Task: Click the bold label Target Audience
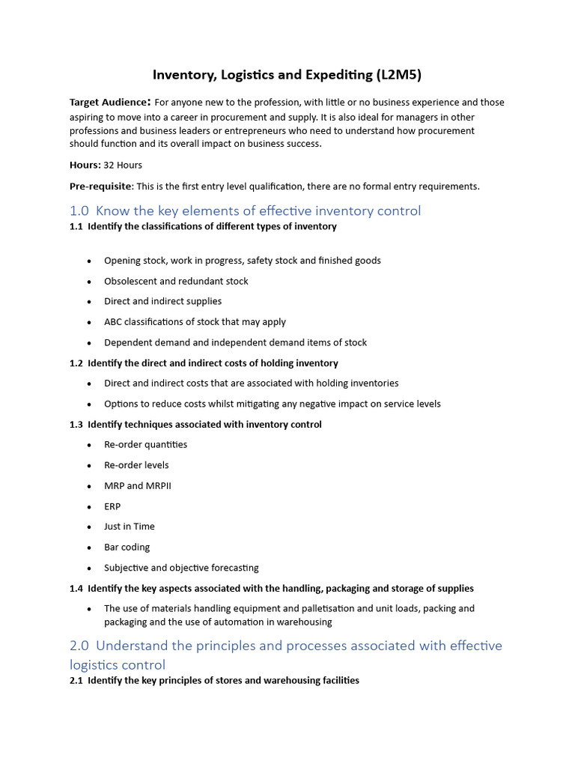tap(109, 103)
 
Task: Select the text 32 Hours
tap(123, 165)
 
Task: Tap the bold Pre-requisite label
tap(101, 186)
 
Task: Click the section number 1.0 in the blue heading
tap(79, 210)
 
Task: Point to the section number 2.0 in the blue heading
tap(79, 646)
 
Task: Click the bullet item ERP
tap(112, 506)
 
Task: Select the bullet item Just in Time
tap(130, 527)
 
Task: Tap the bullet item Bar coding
tap(127, 548)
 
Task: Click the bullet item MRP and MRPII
tap(138, 485)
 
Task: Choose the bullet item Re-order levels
tap(136, 465)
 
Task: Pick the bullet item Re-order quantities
tap(145, 444)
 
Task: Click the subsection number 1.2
tap(76, 363)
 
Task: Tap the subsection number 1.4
tap(76, 589)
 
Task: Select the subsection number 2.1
tap(76, 681)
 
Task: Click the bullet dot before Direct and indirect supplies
tap(89, 302)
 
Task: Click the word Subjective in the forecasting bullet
tap(125, 568)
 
